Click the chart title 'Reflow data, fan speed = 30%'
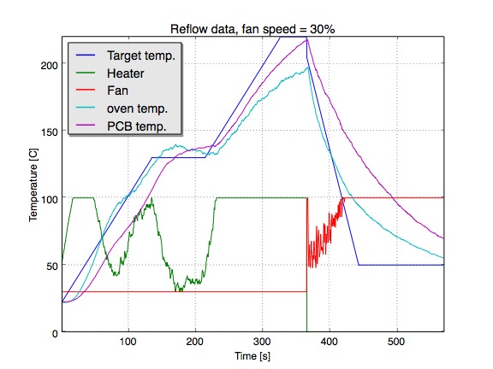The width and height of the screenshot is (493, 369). click(x=252, y=29)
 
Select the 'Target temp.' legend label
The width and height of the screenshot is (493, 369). click(x=141, y=56)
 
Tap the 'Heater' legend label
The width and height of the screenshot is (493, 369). click(x=126, y=73)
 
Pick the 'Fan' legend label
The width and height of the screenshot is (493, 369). click(x=117, y=91)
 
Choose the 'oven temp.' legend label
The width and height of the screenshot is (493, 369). click(x=137, y=108)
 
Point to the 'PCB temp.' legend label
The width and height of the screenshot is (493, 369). click(x=136, y=126)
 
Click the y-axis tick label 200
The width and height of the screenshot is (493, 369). click(x=49, y=65)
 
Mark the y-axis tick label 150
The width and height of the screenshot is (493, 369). click(x=49, y=132)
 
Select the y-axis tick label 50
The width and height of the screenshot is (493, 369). click(x=52, y=266)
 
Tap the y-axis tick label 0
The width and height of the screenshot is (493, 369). click(x=55, y=333)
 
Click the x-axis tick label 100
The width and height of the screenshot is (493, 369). click(x=128, y=342)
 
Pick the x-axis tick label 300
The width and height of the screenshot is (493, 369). click(x=262, y=342)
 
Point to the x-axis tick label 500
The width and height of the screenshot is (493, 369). click(x=396, y=342)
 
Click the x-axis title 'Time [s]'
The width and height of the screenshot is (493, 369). click(x=252, y=356)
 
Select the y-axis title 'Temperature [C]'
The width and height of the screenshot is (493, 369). click(x=33, y=185)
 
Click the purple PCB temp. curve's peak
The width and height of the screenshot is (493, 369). click(x=307, y=39)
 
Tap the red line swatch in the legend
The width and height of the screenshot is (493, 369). click(x=86, y=90)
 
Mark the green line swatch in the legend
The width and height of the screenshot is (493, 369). click(x=86, y=73)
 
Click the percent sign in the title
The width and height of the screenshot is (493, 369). click(x=330, y=29)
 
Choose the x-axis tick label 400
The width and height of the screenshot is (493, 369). click(x=330, y=342)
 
